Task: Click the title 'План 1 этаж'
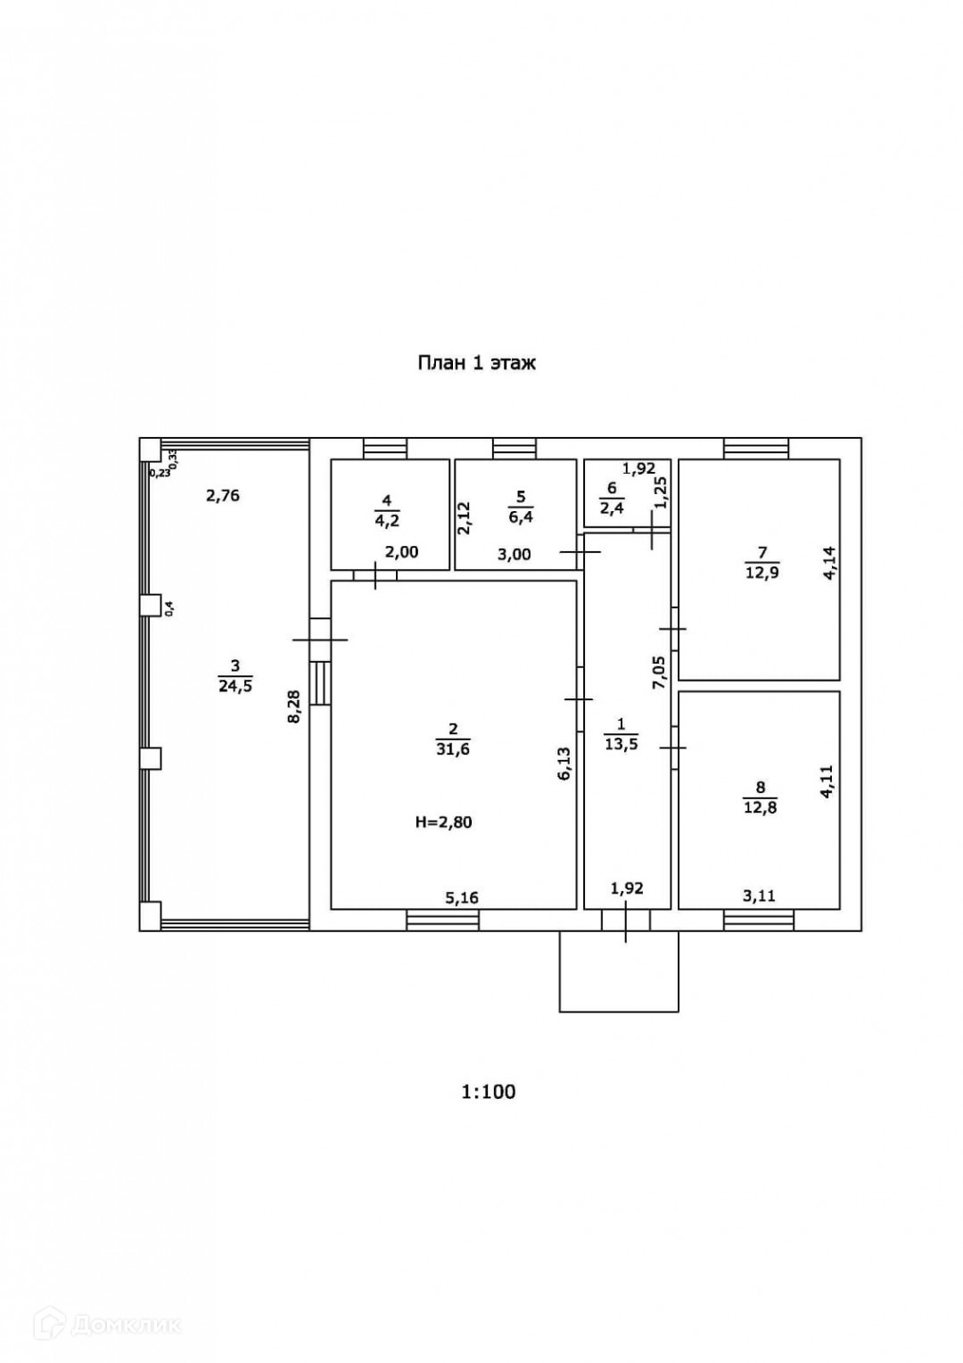tap(477, 363)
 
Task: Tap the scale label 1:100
tap(488, 1091)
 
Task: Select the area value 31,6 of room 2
tap(453, 749)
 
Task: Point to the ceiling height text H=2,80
tap(443, 822)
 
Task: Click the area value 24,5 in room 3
tap(235, 685)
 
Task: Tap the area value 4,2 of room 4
tap(389, 520)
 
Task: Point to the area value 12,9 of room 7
tap(762, 573)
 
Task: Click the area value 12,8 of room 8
tap(761, 809)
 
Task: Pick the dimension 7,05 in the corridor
tap(659, 672)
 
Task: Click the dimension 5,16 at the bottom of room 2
tap(462, 897)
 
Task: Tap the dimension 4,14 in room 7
tap(829, 564)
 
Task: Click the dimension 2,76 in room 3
tap(223, 496)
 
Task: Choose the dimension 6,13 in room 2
tap(564, 764)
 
